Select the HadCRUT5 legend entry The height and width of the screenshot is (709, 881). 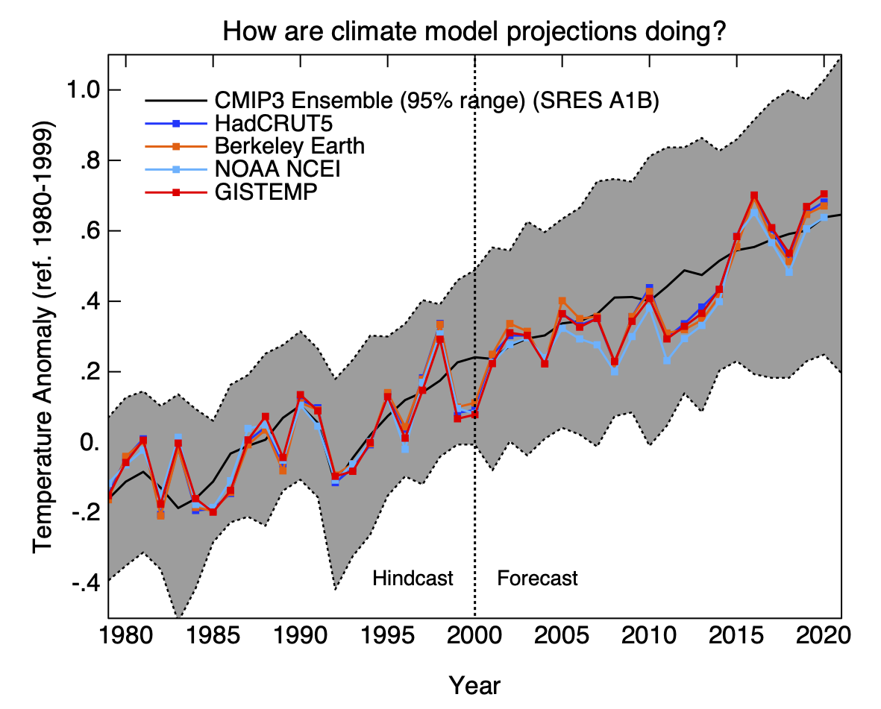(x=257, y=123)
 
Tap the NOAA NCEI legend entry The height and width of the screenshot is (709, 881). (x=277, y=168)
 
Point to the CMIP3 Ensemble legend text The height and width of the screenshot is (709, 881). (x=436, y=101)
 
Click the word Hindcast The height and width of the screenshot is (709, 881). (x=413, y=579)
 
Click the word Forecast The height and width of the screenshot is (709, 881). (x=537, y=579)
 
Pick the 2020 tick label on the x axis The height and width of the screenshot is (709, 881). (x=824, y=640)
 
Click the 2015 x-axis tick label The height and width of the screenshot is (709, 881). (x=736, y=640)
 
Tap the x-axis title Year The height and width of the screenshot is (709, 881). (x=475, y=684)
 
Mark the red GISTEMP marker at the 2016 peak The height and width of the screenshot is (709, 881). (x=753, y=195)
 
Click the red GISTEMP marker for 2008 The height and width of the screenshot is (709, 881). (x=614, y=361)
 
